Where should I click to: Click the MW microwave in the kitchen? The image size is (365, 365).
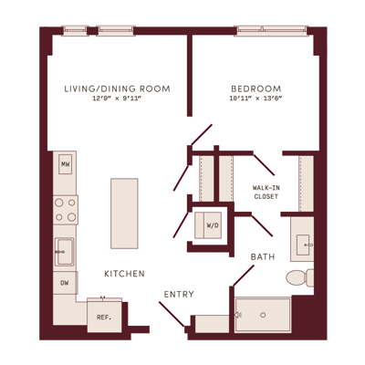coord(65,164)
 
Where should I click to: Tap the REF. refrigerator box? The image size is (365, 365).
coord(104,316)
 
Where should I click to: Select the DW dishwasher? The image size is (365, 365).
coord(65,283)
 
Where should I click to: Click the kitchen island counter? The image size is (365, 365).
coord(124,214)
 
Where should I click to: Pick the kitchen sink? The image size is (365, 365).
coord(65,252)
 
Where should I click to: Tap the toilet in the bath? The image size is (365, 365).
coord(300,277)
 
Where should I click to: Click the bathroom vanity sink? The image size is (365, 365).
coord(304,245)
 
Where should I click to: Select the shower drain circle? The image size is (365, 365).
coord(263,315)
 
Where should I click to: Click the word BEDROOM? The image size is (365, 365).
coord(256,89)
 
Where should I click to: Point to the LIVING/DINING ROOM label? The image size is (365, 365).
coord(117,89)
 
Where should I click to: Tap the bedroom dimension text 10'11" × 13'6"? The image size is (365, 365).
coord(256,99)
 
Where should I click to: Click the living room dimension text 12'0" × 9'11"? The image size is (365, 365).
coord(118,99)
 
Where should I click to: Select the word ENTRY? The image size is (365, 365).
coord(179,294)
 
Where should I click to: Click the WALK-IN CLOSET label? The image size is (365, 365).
coord(266,193)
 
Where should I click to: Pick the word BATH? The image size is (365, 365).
coord(263,257)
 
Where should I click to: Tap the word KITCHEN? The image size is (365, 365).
coord(124,274)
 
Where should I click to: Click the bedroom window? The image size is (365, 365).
coord(271,31)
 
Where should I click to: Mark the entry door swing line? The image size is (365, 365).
coord(172,314)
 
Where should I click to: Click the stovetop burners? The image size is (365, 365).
coord(66,210)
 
